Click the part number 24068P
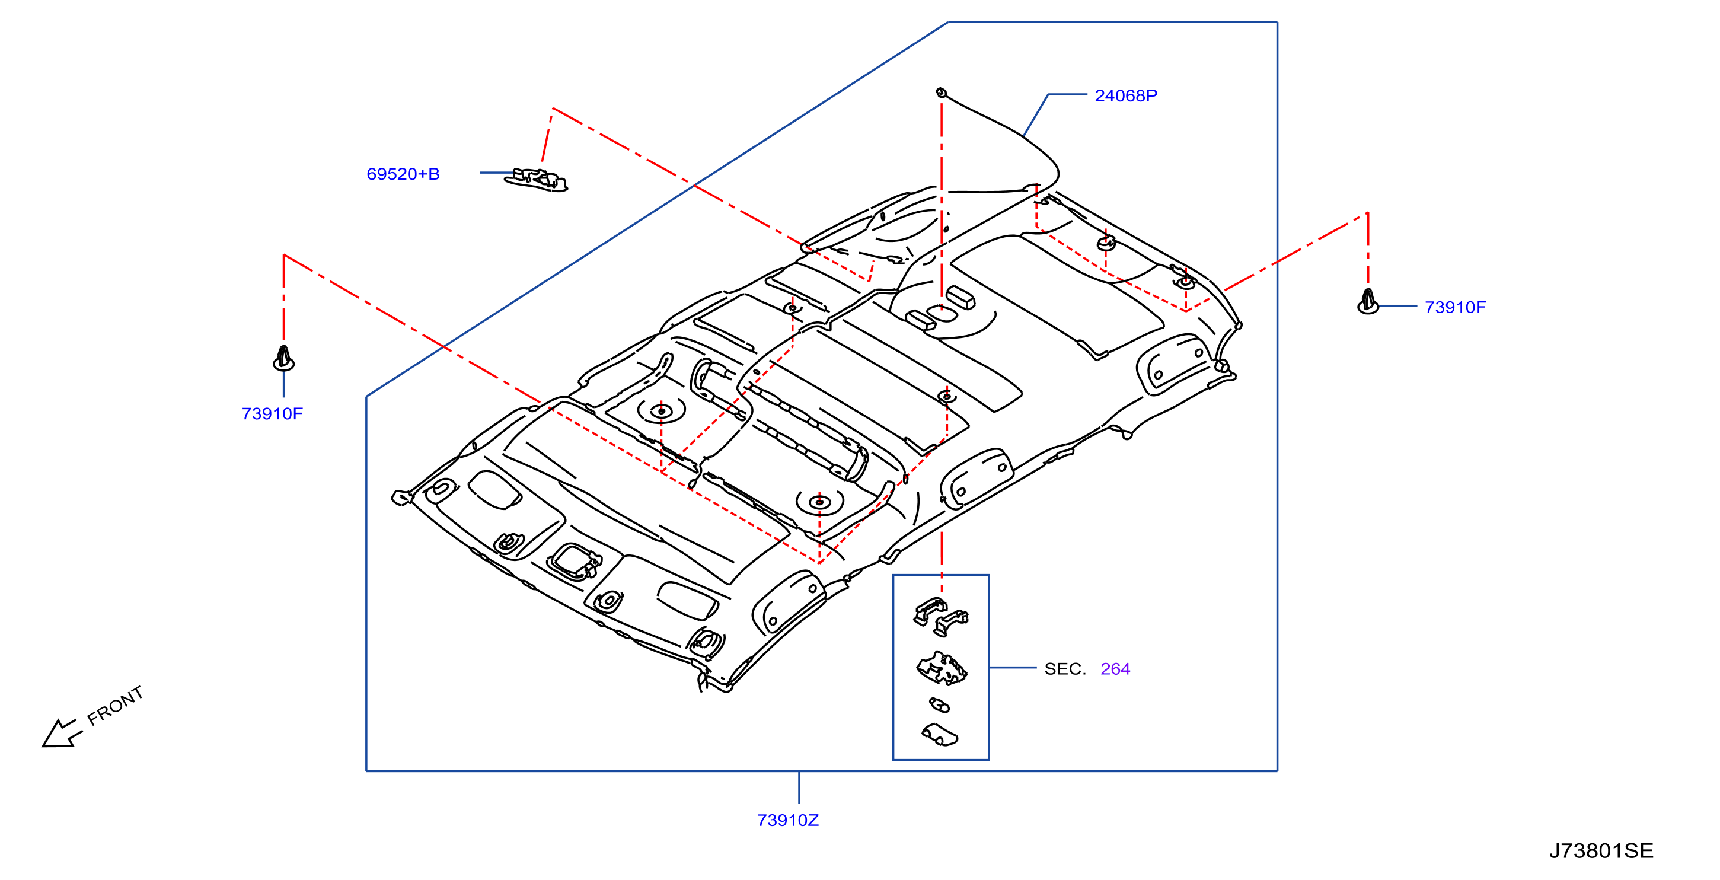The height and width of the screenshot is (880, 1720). point(1126,95)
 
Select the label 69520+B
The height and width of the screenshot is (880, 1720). point(403,174)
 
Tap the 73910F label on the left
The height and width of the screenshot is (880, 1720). point(272,413)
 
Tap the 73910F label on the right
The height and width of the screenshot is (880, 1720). point(1455,307)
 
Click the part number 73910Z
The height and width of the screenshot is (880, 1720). point(787,820)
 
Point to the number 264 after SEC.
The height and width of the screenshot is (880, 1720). point(1115,668)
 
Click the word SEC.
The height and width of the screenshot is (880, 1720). point(1065,668)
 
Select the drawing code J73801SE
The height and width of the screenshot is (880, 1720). point(1601,850)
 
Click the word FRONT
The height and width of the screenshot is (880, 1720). point(115,706)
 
